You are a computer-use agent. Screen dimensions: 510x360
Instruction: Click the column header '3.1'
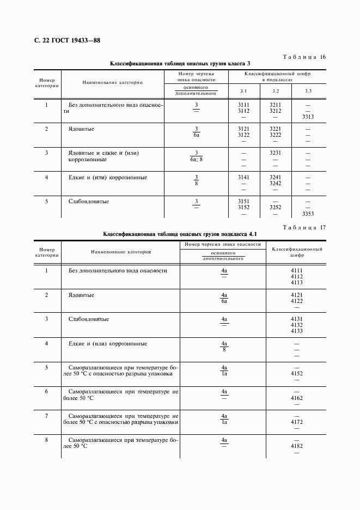tap(243, 90)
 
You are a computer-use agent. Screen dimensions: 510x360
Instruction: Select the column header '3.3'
tap(308, 90)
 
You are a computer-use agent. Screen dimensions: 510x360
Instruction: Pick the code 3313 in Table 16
tap(308, 117)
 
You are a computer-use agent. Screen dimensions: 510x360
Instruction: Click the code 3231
tap(276, 153)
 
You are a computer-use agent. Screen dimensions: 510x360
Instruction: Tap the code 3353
tap(308, 214)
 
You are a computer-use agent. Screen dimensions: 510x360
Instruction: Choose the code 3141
tap(243, 178)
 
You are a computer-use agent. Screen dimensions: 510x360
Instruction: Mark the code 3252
tap(276, 208)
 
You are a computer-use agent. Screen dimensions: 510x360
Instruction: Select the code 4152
tap(297, 374)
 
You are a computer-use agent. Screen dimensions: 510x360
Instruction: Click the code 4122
tap(297, 301)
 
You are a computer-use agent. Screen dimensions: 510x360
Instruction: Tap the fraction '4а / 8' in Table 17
tap(224, 347)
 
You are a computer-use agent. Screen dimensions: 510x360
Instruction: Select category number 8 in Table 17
tap(46, 440)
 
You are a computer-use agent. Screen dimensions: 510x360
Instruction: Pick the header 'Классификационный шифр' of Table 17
tap(297, 251)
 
